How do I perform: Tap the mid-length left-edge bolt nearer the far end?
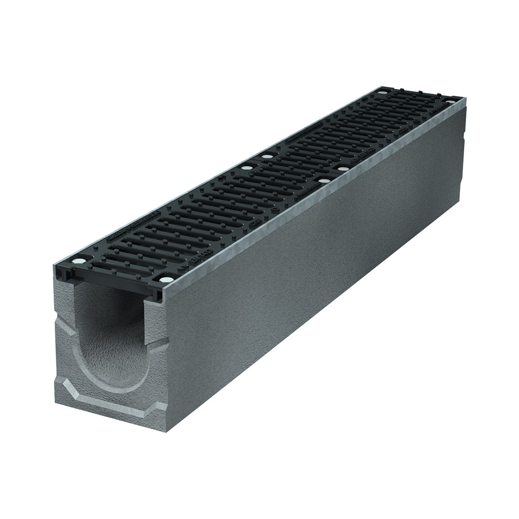pyautogui.click(x=267, y=156)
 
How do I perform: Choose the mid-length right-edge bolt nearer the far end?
pyautogui.click(x=343, y=169)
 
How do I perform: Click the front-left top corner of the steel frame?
pyautogui.click(x=53, y=269)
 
